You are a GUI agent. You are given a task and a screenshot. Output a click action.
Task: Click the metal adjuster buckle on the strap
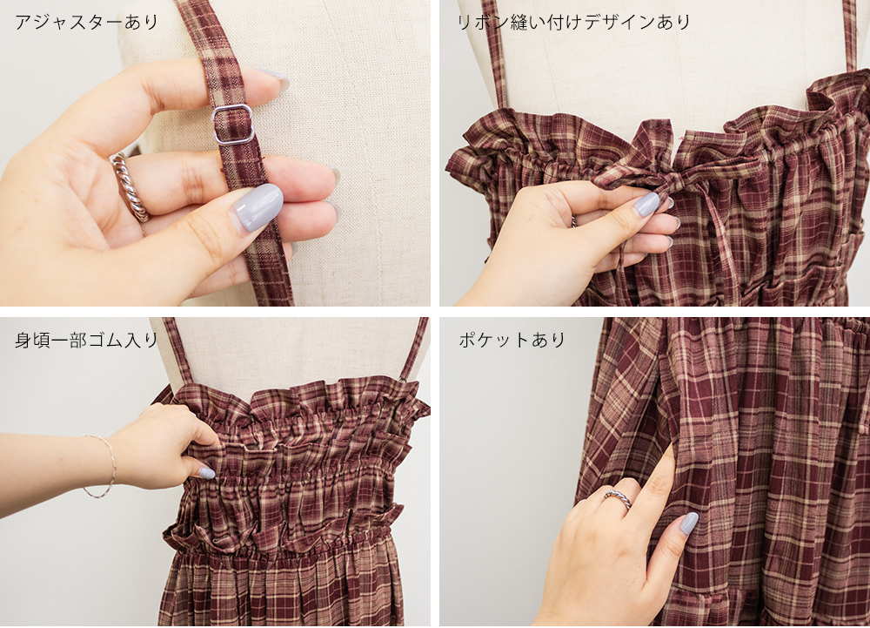pyautogui.click(x=233, y=125)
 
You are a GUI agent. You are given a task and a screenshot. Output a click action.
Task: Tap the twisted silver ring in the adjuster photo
pyautogui.click(x=130, y=187)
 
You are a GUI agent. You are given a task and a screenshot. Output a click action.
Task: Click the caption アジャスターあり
pyautogui.click(x=86, y=22)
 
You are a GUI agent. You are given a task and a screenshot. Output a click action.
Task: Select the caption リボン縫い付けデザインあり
pyautogui.click(x=573, y=22)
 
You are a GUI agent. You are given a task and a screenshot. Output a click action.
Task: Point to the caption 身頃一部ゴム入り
pyautogui.click(x=86, y=340)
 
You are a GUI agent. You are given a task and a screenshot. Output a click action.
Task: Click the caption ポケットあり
pyautogui.click(x=512, y=340)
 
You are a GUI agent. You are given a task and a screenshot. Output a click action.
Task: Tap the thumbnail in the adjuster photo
pyautogui.click(x=258, y=206)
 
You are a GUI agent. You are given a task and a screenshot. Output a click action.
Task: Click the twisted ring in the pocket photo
pyautogui.click(x=618, y=498)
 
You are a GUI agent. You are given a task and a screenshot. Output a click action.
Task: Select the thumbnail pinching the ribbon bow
pyautogui.click(x=646, y=204)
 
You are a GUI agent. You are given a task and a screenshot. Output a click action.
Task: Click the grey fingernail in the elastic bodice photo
pyautogui.click(x=206, y=473)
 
